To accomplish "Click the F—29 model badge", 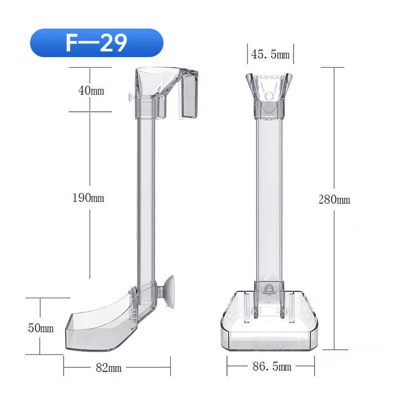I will click(x=96, y=43).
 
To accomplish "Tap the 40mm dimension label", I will click(x=91, y=91).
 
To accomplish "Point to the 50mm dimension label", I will click(x=40, y=328).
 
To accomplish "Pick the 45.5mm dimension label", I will click(x=270, y=55).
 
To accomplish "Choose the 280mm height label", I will click(x=334, y=199).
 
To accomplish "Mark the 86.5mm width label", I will click(x=271, y=366).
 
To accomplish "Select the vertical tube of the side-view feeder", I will click(x=146, y=197).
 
